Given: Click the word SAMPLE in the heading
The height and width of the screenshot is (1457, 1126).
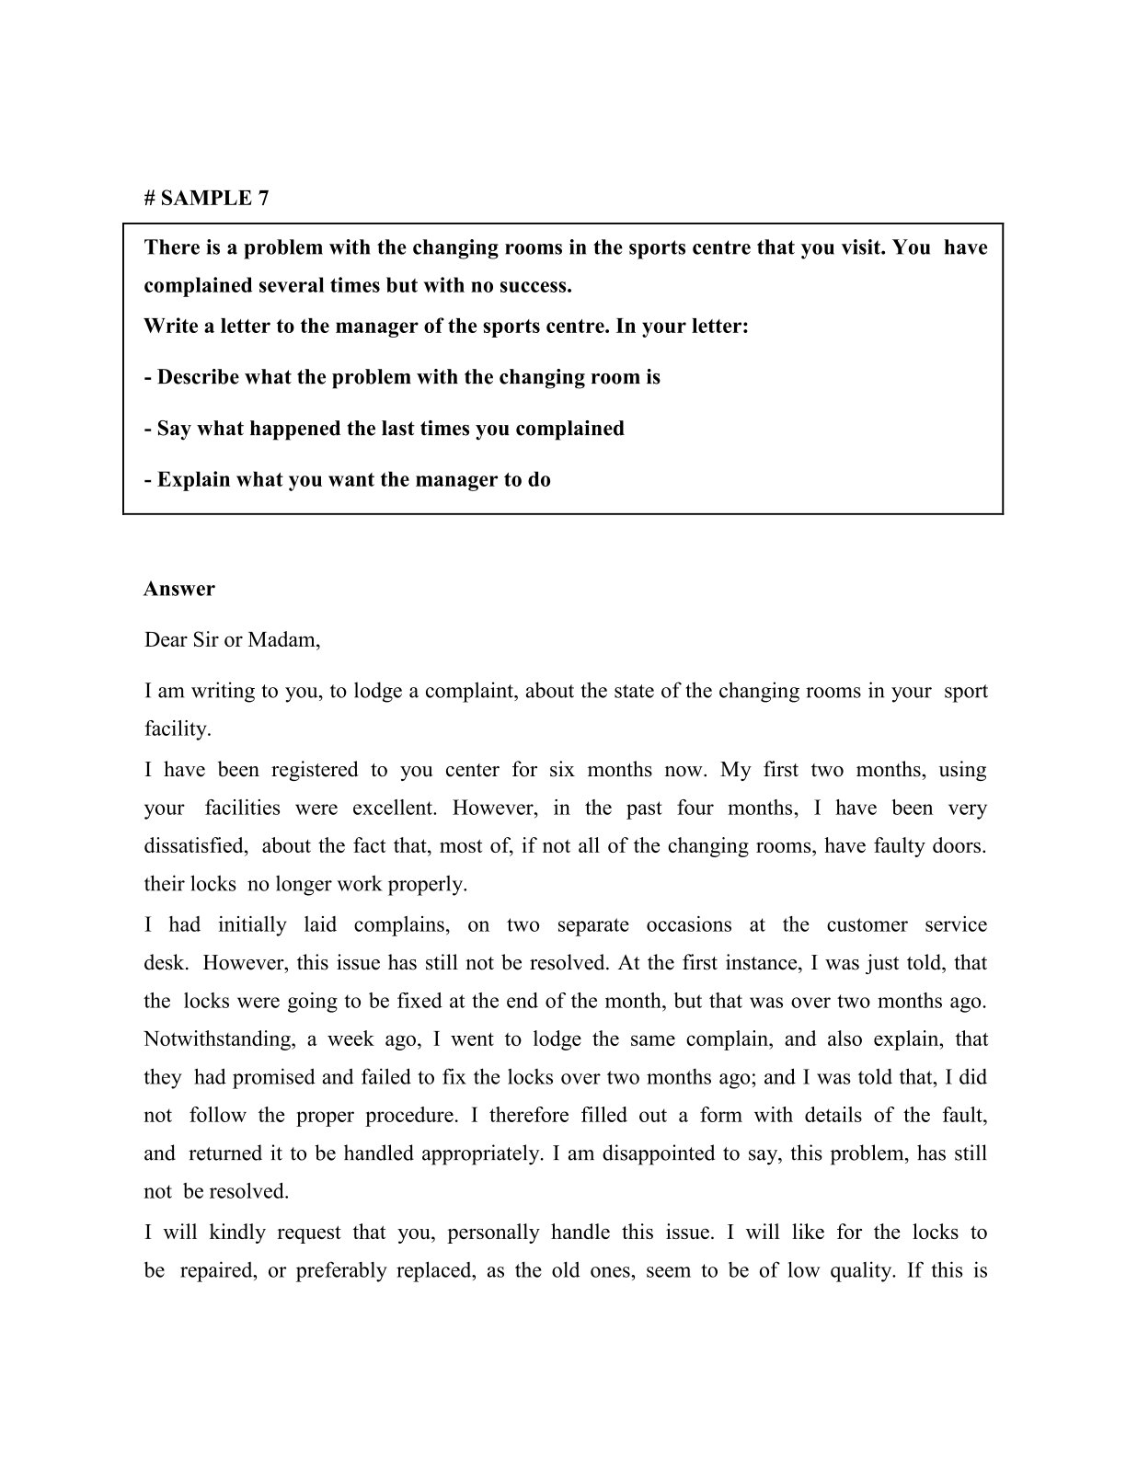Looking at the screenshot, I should tap(205, 198).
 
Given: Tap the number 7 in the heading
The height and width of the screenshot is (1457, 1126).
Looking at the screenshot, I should tap(263, 198).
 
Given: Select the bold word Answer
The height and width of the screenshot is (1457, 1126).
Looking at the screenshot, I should tap(179, 589).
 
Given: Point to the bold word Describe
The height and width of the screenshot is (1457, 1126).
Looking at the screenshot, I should tap(198, 377).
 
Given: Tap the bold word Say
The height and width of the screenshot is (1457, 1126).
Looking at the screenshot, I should tap(173, 429).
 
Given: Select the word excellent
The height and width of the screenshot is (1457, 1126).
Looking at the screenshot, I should tap(395, 808).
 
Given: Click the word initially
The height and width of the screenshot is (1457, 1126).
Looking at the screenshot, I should tap(252, 925).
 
